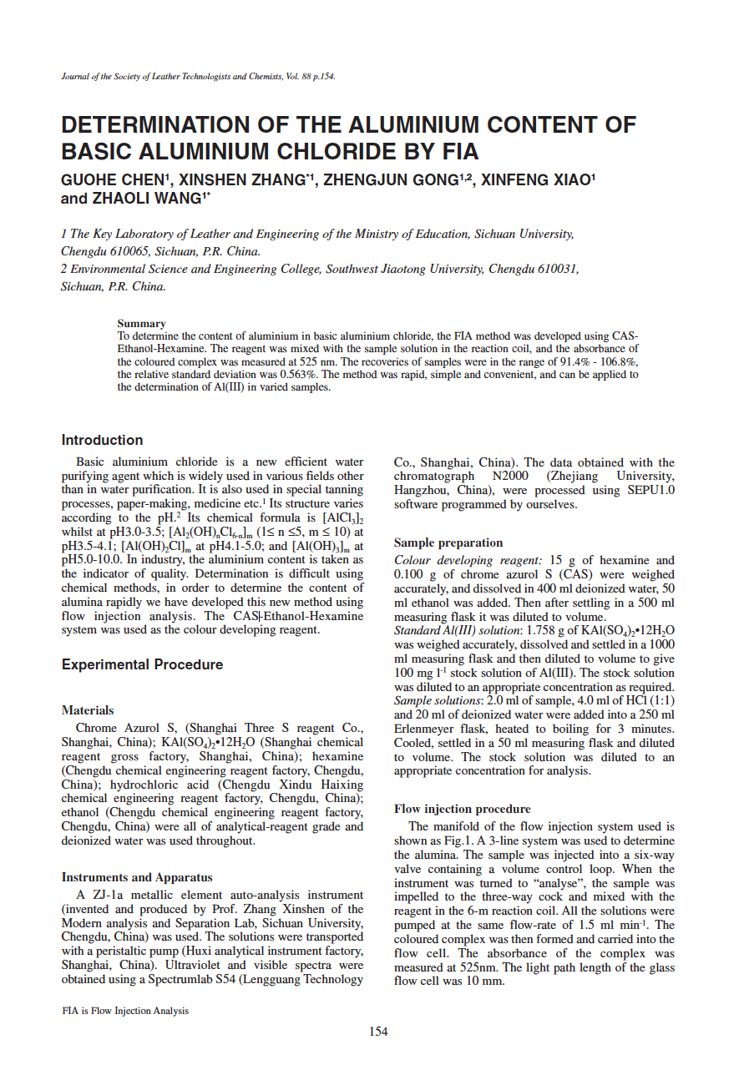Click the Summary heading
(141, 323)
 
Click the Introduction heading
(102, 440)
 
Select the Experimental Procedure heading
(142, 664)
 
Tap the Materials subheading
(88, 710)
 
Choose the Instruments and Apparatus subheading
(137, 877)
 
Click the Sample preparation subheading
(448, 543)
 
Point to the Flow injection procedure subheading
(462, 809)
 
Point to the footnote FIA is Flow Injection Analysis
(125, 1011)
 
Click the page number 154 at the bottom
(378, 1032)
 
